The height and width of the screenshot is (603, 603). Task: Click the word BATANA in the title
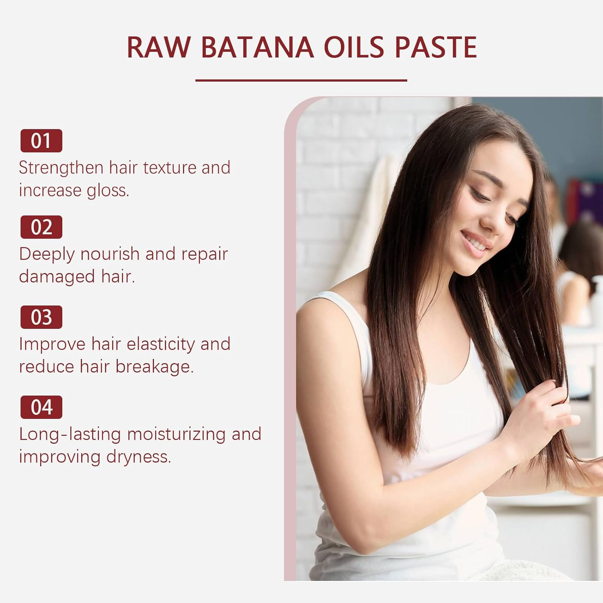pos(257,47)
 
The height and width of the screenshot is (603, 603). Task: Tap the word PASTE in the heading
pos(436,47)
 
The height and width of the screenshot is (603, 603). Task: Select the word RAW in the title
pos(158,47)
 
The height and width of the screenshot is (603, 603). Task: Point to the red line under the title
pos(301,80)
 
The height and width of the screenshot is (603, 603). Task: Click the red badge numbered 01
pos(41,141)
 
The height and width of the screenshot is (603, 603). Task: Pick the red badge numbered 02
pos(41,227)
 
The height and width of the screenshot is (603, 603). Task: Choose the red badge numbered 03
pos(41,317)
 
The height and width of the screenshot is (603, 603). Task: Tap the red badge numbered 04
pos(41,407)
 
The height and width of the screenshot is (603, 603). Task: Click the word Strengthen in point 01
pos(61,168)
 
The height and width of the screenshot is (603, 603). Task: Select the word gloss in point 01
pos(108,191)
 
